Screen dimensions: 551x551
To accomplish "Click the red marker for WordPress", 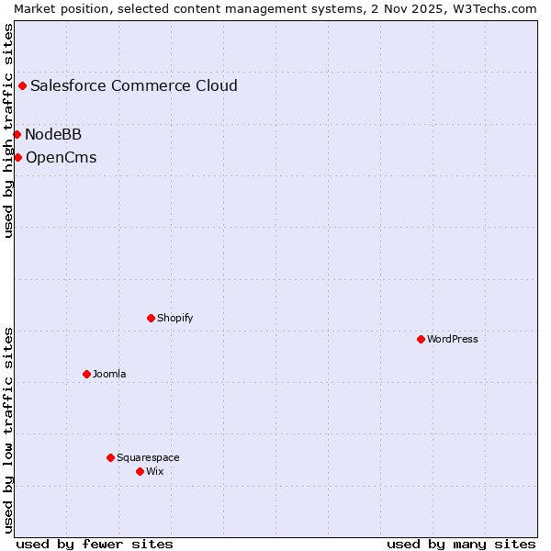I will click(x=421, y=339).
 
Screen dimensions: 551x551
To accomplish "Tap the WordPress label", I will click(x=453, y=339).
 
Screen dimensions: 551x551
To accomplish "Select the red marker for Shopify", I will click(x=151, y=318).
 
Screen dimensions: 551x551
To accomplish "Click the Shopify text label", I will click(x=174, y=318).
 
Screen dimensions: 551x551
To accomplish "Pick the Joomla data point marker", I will click(x=86, y=374).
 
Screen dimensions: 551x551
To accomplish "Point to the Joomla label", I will click(x=109, y=374).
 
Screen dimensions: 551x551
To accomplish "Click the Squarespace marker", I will click(x=110, y=457).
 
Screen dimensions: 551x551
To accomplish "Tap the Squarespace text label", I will click(x=148, y=457).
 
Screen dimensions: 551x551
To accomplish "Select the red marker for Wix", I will click(x=140, y=471).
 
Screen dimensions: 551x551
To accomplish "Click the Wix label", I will click(x=154, y=471).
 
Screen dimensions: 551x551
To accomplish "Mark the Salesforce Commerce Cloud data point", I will click(x=22, y=85).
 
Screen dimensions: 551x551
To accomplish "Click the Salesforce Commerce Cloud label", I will click(x=134, y=86).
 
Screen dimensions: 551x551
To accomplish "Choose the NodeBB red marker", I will click(x=17, y=134).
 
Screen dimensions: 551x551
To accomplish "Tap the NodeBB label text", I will click(x=53, y=135).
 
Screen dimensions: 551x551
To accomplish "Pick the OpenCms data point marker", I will click(x=17, y=157).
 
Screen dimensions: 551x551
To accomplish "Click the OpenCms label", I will click(x=61, y=158).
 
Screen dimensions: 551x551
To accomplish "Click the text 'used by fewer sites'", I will click(x=95, y=544).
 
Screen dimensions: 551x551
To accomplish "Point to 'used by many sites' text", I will click(x=461, y=544).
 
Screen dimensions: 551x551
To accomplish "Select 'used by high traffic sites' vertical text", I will click(x=8, y=130).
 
